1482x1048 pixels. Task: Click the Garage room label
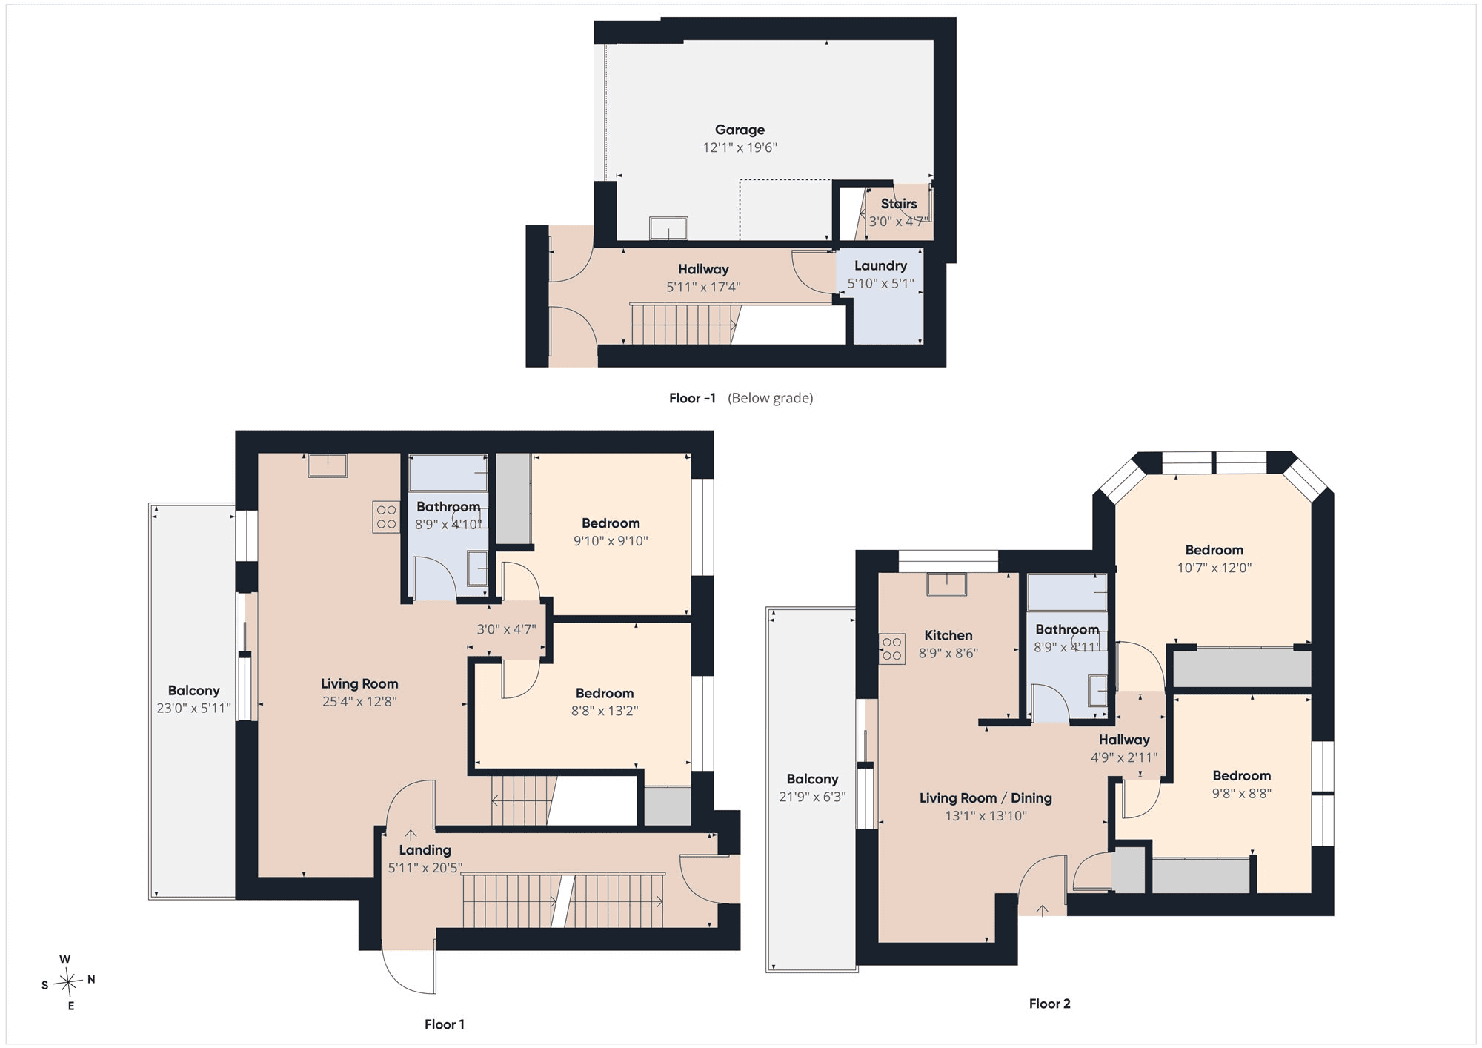pos(740,130)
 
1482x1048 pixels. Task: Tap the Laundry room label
pos(880,265)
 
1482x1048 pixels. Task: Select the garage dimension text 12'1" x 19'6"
pos(740,147)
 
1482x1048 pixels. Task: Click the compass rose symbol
pos(68,982)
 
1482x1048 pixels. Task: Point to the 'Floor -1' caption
pos(692,398)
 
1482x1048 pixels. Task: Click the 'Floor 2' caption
pos(1049,1004)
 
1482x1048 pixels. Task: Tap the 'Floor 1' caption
pos(445,1024)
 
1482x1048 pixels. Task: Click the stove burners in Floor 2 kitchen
pos(892,649)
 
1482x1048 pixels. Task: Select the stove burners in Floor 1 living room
pos(386,517)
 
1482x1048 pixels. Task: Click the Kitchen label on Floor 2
pos(948,635)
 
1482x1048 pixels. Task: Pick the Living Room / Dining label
pos(986,798)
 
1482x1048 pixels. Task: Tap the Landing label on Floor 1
pos(425,850)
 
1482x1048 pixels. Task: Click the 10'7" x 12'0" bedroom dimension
pos(1214,568)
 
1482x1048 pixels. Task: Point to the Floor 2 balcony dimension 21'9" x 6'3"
pos(812,797)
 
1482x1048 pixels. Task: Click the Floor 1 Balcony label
pos(193,691)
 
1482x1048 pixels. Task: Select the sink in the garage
pos(668,228)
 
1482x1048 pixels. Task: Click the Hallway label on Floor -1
pos(703,269)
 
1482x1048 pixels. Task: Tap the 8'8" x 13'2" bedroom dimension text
pos(605,711)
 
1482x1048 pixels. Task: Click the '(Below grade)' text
pos(771,398)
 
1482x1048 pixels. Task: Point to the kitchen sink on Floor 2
pos(946,584)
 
